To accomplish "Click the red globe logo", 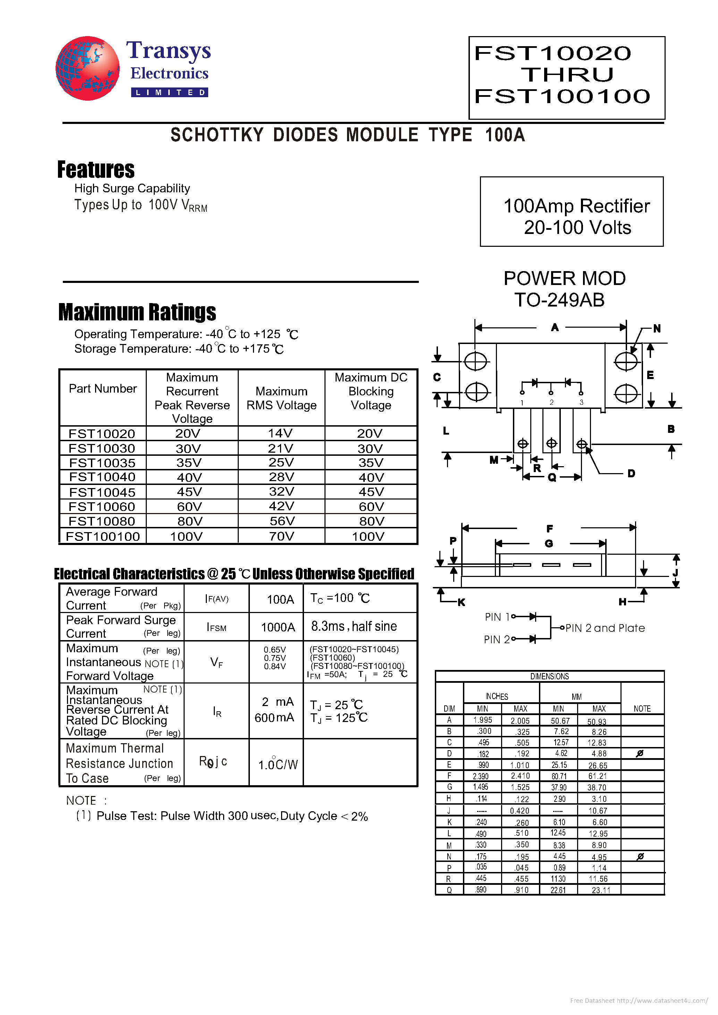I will pyautogui.click(x=87, y=68).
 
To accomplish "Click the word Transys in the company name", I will pyautogui.click(x=168, y=51).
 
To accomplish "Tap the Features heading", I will pyautogui.click(x=96, y=169).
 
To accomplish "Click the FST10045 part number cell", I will pyautogui.click(x=102, y=492).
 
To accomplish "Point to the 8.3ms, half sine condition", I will pyautogui.click(x=354, y=626).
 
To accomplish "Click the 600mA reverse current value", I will pyautogui.click(x=274, y=718).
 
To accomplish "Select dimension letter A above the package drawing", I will pyautogui.click(x=555, y=328).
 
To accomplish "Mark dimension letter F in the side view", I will pyautogui.click(x=550, y=529).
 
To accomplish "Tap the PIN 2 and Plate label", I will pyautogui.click(x=605, y=628).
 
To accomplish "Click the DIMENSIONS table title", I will pyautogui.click(x=550, y=676).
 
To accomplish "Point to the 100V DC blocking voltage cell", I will pyautogui.click(x=368, y=536).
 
